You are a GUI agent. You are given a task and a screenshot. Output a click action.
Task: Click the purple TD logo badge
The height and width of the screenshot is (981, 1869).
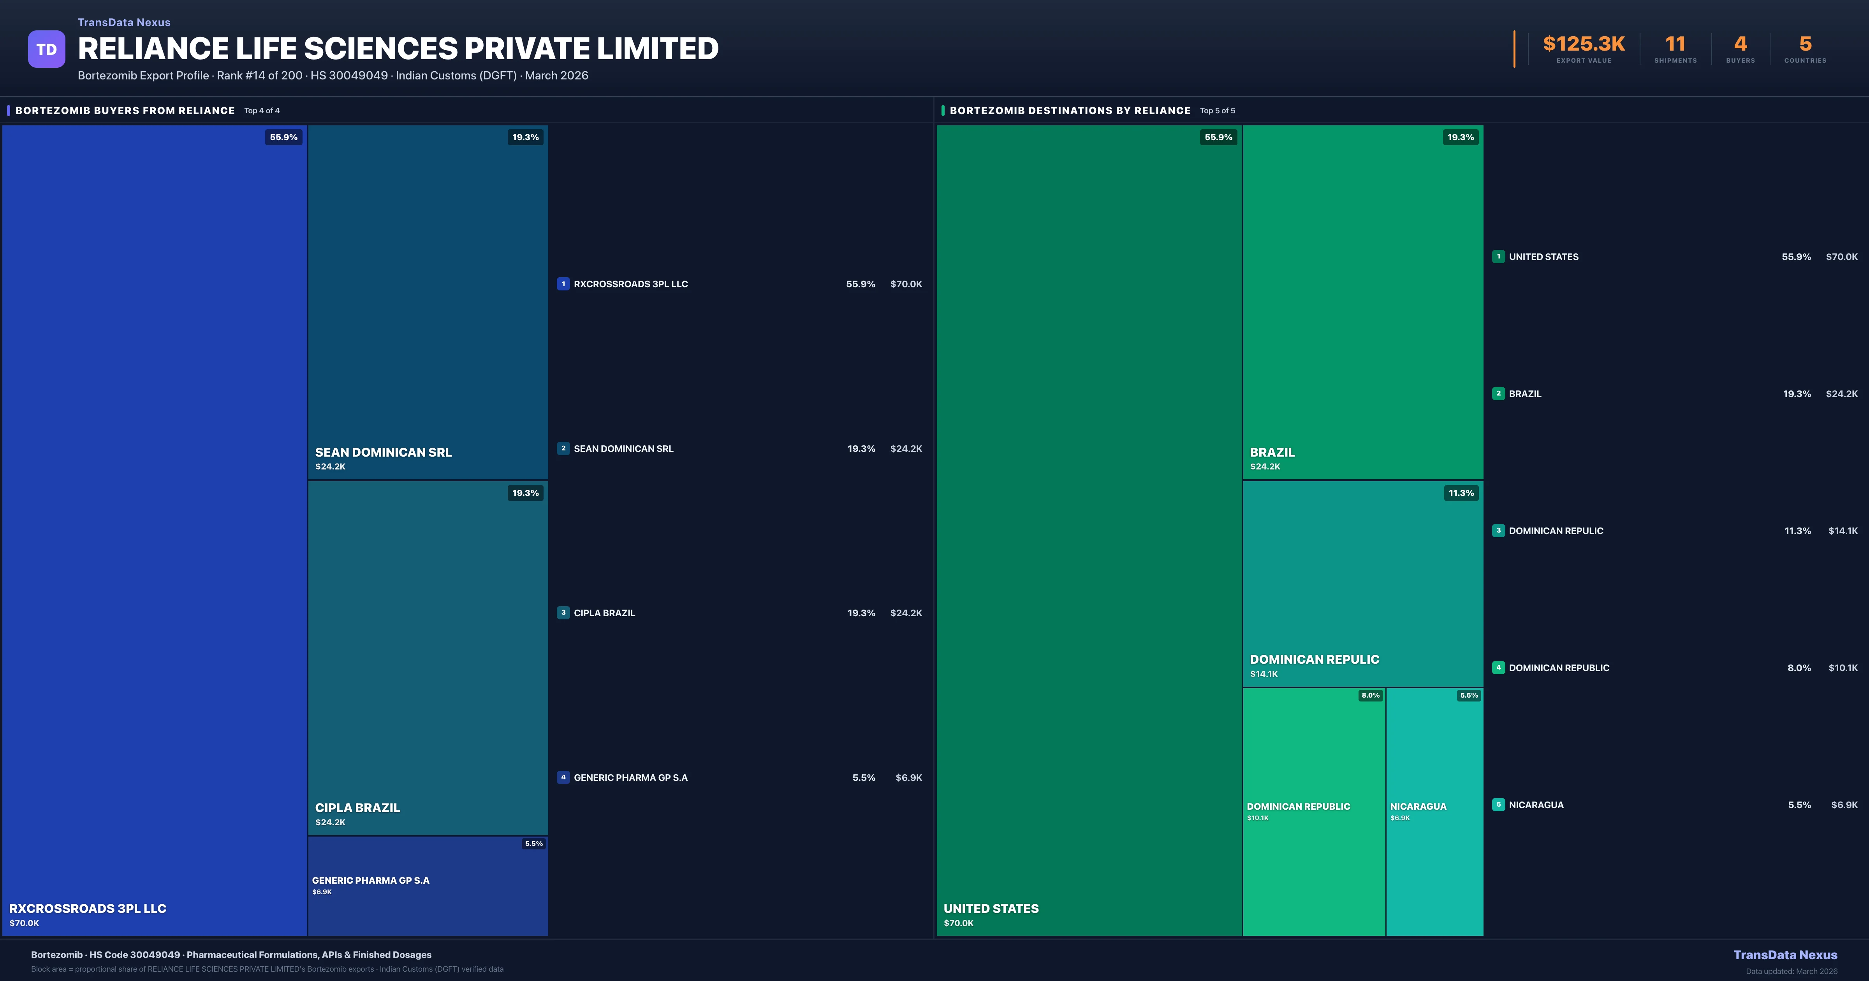point(46,49)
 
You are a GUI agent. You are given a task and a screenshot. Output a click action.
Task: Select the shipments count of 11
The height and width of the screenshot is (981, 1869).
point(1675,44)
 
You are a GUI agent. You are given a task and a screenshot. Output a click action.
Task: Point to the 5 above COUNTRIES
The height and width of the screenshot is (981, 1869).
point(1805,44)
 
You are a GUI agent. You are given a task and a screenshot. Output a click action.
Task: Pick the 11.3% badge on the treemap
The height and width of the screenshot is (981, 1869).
point(1461,493)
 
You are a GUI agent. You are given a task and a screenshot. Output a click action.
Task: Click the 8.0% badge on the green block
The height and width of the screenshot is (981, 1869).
point(1370,695)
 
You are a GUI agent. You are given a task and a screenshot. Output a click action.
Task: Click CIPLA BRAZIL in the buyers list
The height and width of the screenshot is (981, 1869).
point(604,613)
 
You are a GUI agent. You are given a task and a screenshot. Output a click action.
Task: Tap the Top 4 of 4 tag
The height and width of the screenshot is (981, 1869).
point(262,111)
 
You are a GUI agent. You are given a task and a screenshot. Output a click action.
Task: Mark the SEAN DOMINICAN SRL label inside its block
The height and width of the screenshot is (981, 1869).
point(383,452)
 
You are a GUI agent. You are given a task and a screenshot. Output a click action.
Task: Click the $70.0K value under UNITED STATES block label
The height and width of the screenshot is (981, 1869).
point(958,923)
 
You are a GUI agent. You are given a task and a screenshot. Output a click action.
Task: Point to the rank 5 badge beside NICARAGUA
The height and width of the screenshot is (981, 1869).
point(1498,805)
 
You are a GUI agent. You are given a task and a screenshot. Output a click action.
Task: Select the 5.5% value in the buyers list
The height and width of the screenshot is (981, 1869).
point(863,778)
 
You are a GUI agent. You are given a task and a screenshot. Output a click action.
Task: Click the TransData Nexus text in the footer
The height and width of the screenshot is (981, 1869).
point(1785,955)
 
